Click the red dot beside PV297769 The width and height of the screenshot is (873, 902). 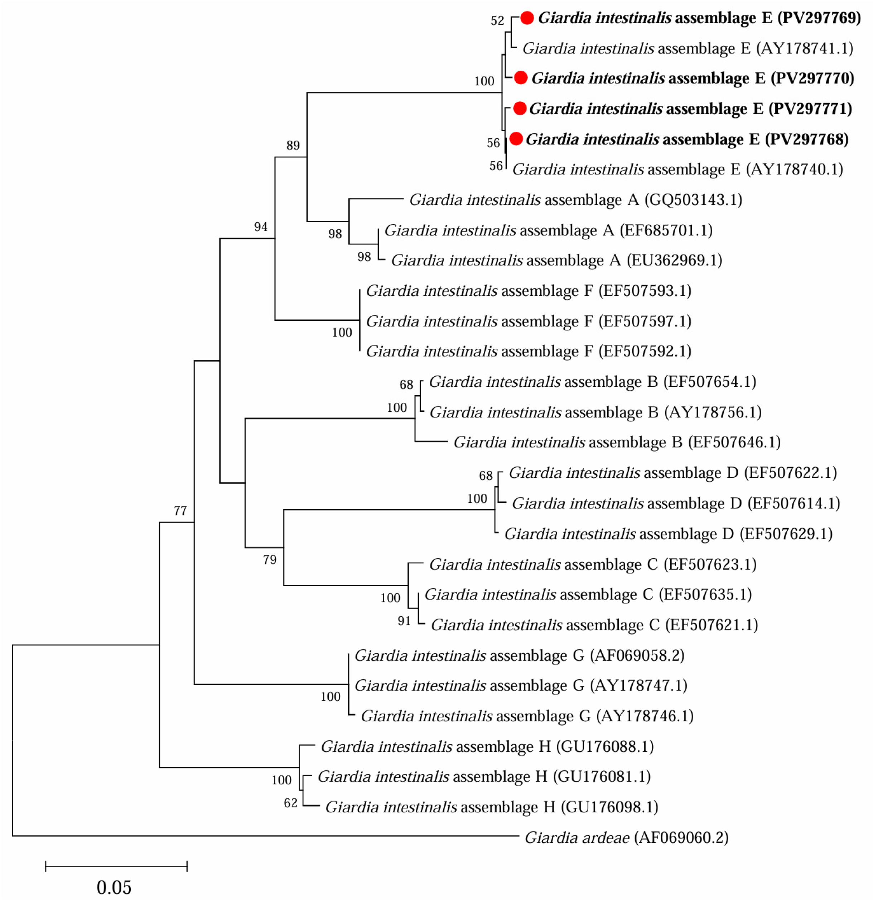click(527, 18)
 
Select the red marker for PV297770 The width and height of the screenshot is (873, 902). click(520, 78)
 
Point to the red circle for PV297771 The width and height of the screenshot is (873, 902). click(519, 108)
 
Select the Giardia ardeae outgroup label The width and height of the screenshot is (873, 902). click(627, 837)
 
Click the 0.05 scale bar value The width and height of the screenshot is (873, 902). click(114, 887)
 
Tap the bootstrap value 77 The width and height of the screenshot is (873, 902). click(180, 510)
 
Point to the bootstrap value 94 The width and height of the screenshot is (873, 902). click(261, 226)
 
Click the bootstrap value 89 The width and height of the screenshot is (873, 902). click(293, 145)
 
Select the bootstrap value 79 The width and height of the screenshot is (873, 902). click(270, 560)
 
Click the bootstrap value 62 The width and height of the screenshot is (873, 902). click(291, 803)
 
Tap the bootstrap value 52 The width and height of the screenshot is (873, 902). click(498, 21)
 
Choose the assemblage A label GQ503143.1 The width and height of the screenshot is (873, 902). click(575, 200)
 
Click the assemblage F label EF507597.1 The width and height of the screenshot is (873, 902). click(529, 321)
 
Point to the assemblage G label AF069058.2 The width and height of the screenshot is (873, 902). click(519, 655)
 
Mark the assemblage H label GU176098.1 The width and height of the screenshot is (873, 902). click(492, 807)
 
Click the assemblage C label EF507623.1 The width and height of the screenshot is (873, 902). click(592, 564)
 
